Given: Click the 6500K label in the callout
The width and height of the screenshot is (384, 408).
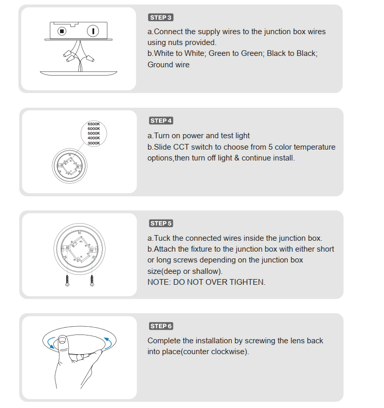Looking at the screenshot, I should coord(94,124).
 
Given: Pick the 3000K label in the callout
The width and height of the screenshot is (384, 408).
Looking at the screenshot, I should coord(94,143).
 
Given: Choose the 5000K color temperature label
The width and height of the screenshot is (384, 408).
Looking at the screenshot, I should coord(94,134).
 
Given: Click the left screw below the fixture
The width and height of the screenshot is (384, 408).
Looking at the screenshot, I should coord(67,280).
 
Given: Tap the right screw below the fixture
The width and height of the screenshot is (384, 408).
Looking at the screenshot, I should coord(92,280).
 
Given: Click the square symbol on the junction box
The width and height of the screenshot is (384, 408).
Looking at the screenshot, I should coord(62,31).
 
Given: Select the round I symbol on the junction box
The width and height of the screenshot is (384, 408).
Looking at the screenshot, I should coord(94,31).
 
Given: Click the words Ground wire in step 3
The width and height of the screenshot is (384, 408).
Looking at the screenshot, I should coord(168,65).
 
